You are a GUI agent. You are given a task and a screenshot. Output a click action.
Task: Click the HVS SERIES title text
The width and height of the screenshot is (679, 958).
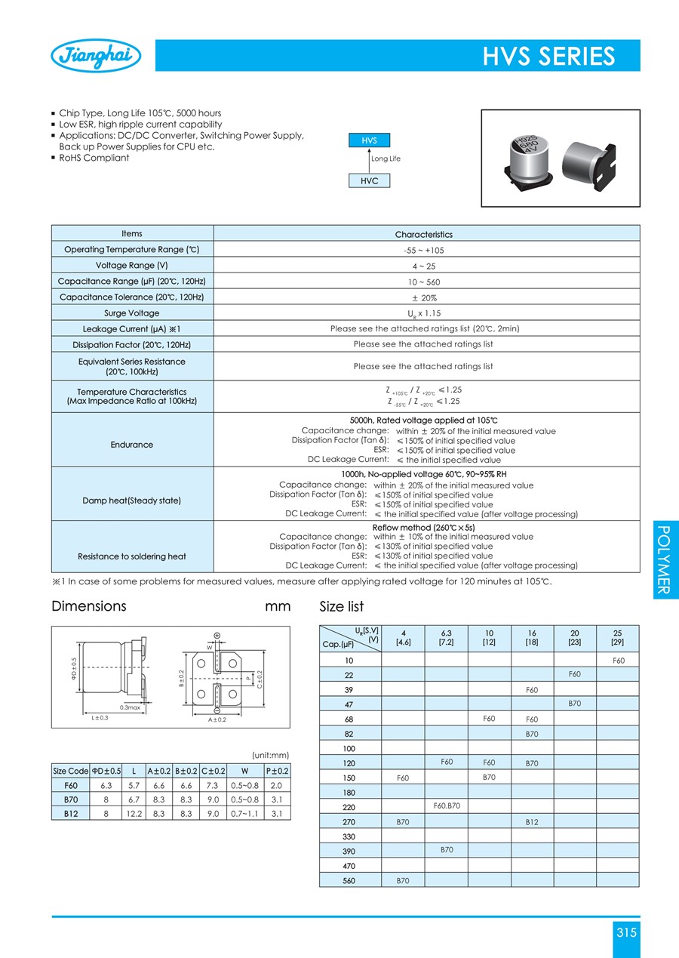coord(548,57)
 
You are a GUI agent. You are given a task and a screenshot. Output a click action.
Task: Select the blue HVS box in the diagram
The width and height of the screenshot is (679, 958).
coord(370,140)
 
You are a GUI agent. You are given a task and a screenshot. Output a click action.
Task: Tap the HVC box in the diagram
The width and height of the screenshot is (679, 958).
coord(370,180)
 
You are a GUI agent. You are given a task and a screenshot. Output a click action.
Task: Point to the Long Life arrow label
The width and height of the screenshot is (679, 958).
coord(386,159)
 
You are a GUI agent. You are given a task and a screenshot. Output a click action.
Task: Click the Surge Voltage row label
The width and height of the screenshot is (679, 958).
coord(132,313)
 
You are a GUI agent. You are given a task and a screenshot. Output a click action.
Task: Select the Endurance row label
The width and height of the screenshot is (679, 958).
coord(132,445)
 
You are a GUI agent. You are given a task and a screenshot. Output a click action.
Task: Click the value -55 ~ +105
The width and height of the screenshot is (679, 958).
coord(426,250)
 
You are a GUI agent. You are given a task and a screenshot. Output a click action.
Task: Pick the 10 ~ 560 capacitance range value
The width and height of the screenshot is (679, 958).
coord(426,282)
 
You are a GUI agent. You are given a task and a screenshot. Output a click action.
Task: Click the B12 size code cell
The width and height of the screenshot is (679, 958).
coord(71,814)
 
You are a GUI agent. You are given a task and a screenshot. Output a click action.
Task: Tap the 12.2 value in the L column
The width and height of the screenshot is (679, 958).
coord(134,814)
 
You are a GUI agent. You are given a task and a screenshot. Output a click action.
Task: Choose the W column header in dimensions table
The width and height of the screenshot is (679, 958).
coord(243,771)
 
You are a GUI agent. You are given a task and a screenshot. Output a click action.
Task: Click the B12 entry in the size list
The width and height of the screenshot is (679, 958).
coord(532,822)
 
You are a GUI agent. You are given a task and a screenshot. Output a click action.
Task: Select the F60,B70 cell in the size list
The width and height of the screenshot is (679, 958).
coord(447,806)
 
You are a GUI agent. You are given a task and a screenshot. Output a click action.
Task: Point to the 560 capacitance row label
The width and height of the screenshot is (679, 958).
coord(349,881)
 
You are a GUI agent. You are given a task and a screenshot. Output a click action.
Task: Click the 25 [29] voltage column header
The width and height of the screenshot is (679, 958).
coord(618,637)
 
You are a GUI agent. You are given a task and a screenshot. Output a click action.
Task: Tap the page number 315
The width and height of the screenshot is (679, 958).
coord(626,933)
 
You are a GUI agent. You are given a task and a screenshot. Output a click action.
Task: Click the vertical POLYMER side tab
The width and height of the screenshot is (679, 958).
coord(664,559)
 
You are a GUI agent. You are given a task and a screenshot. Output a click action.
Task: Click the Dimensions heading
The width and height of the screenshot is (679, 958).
coord(89,606)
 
